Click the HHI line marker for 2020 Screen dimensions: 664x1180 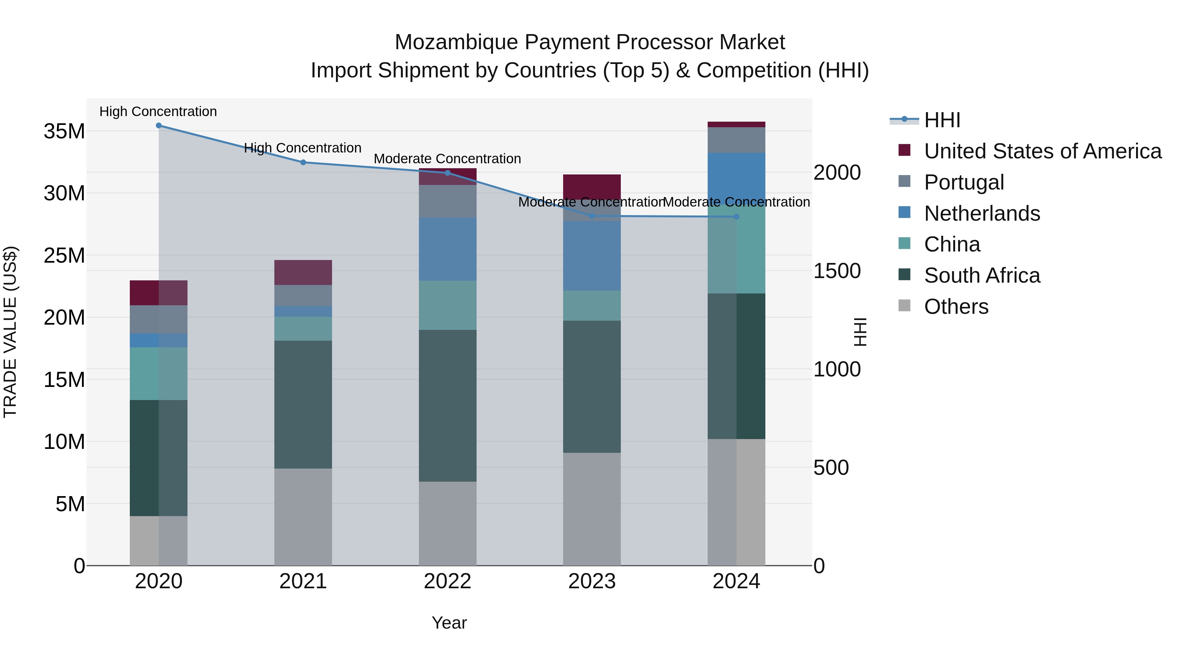click(159, 126)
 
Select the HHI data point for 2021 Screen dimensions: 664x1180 click(303, 162)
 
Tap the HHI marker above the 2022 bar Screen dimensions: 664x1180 click(447, 173)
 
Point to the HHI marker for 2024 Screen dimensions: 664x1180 click(736, 217)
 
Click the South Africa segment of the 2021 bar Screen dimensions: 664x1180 click(303, 404)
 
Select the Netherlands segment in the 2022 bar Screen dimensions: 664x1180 click(447, 249)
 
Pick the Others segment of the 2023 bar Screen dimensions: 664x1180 click(592, 509)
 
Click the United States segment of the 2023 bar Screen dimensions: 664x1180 click(592, 185)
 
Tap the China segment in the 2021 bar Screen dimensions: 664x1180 click(303, 329)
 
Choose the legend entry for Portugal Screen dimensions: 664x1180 click(964, 182)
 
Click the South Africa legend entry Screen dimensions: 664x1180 click(982, 276)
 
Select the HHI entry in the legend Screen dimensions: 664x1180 click(942, 120)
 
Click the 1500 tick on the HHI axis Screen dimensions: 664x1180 click(837, 271)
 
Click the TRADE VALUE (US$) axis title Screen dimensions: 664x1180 click(10, 332)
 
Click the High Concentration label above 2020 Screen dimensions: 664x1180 click(158, 112)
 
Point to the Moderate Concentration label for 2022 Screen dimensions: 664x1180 click(447, 159)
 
